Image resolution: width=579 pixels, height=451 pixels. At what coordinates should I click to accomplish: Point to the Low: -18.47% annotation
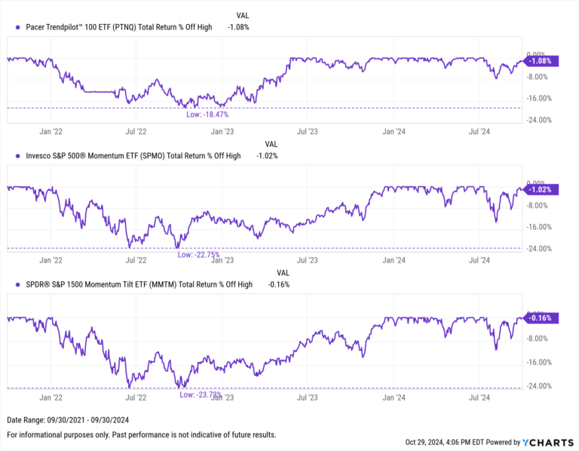[x=207, y=115]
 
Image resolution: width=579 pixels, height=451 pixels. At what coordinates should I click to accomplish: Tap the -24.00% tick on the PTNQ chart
[x=541, y=120]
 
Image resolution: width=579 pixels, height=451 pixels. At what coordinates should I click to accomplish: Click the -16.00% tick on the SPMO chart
[x=541, y=227]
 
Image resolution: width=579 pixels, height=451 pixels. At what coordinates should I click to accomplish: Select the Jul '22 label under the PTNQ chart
[x=136, y=131]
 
